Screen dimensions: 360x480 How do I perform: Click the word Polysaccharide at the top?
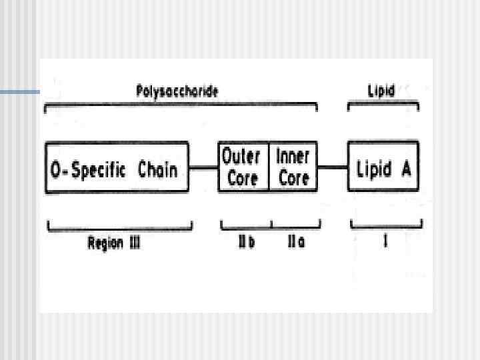coord(177,91)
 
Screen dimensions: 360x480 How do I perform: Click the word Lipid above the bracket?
coord(382,91)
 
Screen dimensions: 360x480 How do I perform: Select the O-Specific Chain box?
coord(117,167)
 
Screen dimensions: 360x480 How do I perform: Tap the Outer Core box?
coord(243,167)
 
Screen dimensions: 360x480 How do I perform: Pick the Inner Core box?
coord(293,167)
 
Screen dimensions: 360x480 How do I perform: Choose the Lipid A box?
coord(383,167)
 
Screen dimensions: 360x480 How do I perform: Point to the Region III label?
coord(114,243)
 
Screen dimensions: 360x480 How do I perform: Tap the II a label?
coord(297,243)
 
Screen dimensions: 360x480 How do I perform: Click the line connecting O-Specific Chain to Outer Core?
coord(203,168)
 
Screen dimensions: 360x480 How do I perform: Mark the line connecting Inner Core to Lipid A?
coord(333,168)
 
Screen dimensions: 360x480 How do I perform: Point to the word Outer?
coord(242,158)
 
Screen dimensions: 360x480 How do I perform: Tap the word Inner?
coord(293,158)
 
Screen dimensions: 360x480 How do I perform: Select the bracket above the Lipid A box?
coord(383,103)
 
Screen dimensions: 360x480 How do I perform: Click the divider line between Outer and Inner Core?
coord(269,167)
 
